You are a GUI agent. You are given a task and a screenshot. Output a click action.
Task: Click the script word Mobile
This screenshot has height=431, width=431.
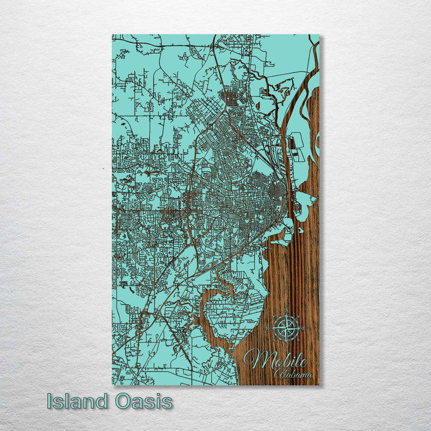pos(277,360)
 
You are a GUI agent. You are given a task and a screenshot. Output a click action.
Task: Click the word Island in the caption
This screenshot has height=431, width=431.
pos(78,401)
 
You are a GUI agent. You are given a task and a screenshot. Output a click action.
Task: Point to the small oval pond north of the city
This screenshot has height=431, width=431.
pos(257,105)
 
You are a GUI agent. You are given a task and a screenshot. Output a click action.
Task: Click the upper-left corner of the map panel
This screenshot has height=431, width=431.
pos(113,35)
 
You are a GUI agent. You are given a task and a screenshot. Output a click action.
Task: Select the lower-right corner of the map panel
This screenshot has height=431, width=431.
pos(318,384)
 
